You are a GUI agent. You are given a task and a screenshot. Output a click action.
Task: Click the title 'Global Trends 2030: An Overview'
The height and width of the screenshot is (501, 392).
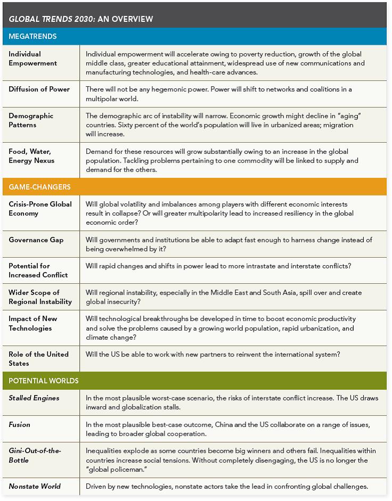[81, 19]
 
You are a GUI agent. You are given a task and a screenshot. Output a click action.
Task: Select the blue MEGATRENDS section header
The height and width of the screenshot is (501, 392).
[32, 37]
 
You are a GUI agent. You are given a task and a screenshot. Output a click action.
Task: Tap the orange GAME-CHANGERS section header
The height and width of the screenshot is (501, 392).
[39, 187]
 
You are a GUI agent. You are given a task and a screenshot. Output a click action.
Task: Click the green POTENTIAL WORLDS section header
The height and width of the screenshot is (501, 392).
[44, 381]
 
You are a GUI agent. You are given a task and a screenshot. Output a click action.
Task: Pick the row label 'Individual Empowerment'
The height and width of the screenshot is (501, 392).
[33, 59]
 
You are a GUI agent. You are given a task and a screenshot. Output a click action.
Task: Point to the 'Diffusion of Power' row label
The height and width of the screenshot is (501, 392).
[39, 89]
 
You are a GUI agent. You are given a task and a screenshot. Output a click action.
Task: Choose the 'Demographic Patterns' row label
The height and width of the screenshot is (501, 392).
[31, 120]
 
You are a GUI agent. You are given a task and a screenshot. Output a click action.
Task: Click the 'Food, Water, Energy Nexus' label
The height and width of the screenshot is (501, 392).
[31, 156]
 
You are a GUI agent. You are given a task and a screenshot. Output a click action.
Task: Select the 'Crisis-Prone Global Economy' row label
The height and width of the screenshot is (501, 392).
[40, 209]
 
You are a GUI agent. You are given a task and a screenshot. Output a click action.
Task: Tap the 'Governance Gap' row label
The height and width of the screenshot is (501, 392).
[36, 240]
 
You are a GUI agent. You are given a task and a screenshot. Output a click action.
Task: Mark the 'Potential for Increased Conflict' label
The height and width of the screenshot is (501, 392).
[38, 270]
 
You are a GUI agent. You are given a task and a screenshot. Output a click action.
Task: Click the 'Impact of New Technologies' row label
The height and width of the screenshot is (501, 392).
[33, 323]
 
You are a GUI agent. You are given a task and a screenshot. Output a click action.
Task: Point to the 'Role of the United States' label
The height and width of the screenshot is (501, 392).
[38, 359]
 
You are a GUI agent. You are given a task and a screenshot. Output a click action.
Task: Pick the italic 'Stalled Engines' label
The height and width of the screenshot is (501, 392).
[34, 398]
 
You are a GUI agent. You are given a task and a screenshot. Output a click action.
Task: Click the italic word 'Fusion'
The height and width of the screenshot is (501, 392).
[20, 425]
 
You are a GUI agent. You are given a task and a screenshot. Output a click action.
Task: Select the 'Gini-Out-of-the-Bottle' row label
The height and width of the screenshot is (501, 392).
[35, 455]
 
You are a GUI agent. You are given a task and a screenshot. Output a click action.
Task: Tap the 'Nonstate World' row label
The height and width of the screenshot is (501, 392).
[35, 486]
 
